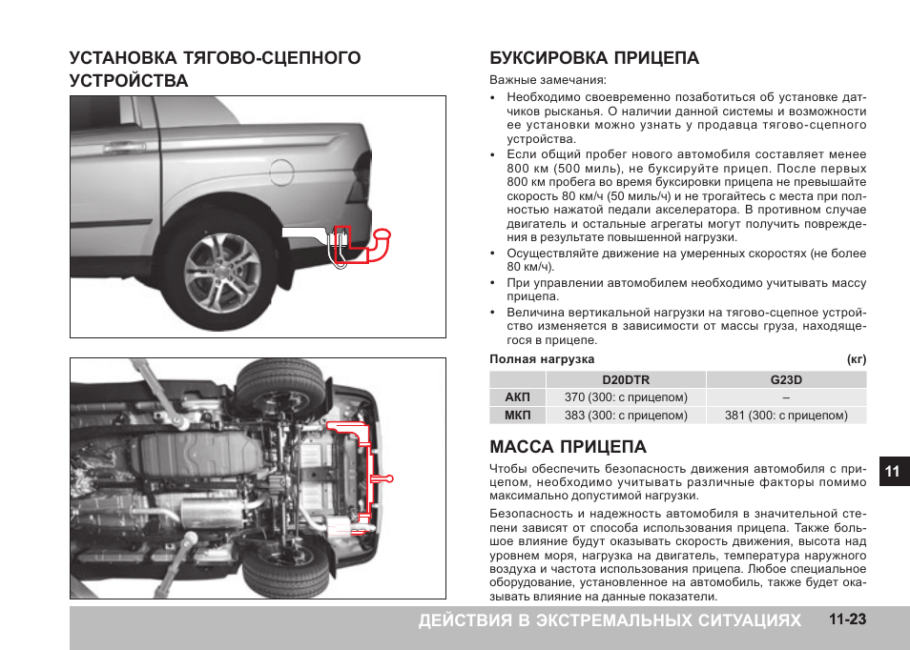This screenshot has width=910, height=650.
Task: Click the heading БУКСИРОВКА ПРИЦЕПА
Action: point(594,58)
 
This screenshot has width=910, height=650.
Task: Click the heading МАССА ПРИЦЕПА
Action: point(568,447)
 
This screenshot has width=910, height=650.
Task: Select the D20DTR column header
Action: point(626,379)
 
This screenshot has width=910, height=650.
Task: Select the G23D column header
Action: point(786,379)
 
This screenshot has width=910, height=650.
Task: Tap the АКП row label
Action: point(517,397)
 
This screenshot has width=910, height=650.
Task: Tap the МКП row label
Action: point(517,416)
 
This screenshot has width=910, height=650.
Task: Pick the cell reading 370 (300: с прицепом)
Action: point(626,397)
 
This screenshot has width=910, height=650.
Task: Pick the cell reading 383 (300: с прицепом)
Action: point(626,416)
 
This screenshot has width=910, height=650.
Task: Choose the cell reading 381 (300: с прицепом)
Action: point(786,416)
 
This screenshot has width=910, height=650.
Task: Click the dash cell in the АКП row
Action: point(786,397)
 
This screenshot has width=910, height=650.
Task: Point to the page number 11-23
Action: point(847,620)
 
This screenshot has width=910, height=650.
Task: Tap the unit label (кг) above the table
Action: point(857,359)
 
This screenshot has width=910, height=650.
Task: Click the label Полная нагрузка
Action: point(542,359)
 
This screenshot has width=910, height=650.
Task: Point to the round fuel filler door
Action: point(281,173)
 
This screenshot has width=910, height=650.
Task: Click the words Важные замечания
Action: point(548,81)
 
